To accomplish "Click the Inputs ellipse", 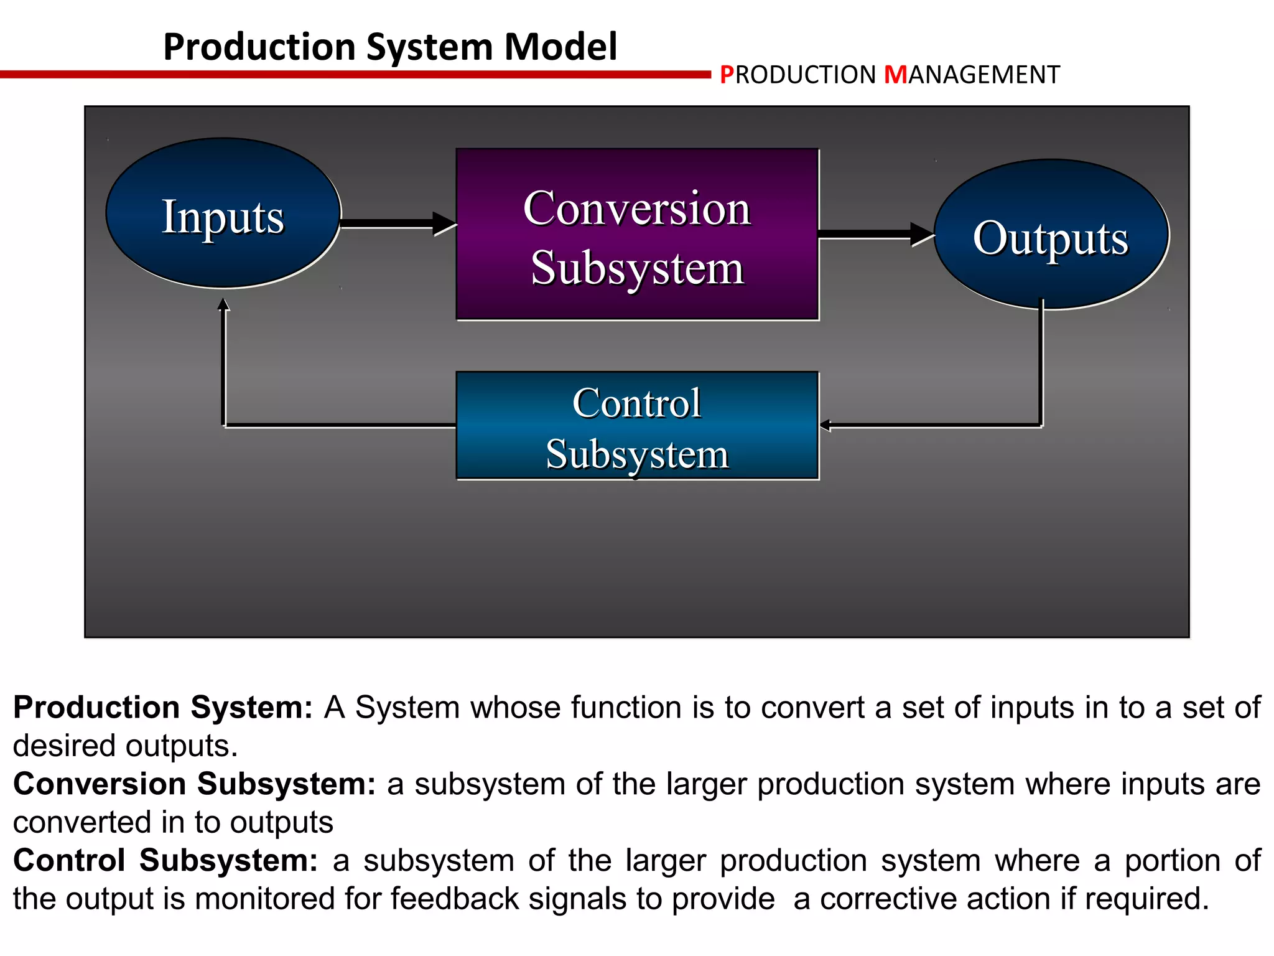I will coord(223,213).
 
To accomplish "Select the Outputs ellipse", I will coord(1050,235).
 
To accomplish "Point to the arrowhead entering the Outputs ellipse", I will coord(922,234).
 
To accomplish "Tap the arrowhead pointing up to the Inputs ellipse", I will coord(223,304).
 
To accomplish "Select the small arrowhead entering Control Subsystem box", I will coord(825,426).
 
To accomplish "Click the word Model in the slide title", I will coord(560,47).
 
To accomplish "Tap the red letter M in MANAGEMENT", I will coord(895,75).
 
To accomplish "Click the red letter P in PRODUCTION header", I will coord(726,75).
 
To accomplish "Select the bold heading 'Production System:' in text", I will coord(162,708).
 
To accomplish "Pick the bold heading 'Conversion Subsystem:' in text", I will coord(194,784).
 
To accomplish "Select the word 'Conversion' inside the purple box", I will coord(636,209).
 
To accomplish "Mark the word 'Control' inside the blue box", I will coord(636,403).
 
